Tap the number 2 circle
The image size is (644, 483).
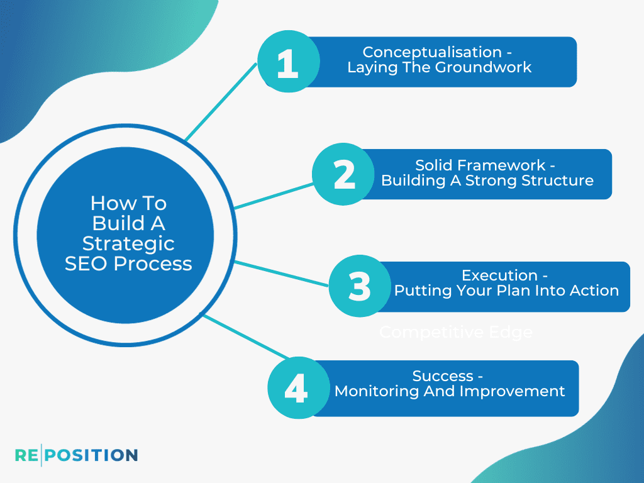(x=344, y=174)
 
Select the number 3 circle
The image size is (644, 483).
(x=360, y=286)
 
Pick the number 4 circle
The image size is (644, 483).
(x=296, y=388)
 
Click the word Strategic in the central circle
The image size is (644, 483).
(x=128, y=243)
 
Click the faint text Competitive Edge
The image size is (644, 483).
(x=455, y=332)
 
